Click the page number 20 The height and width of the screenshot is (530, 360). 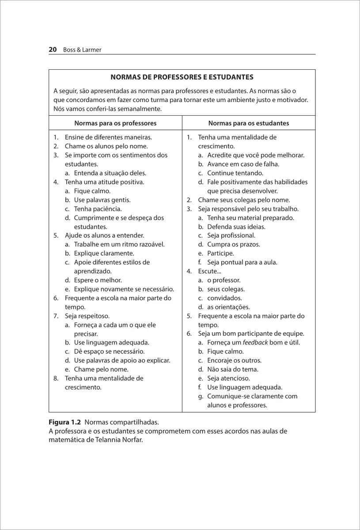tap(53, 50)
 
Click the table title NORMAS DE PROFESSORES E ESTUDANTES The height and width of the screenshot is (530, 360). tap(182, 77)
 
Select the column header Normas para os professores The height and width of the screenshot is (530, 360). tap(115, 123)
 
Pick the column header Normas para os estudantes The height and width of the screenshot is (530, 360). tap(249, 123)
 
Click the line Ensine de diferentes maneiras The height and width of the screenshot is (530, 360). tap(108, 137)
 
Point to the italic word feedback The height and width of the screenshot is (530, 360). tap(255, 343)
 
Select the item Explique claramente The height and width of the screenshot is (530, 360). tap(104, 254)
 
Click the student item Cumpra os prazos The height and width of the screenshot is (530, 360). tap(234, 244)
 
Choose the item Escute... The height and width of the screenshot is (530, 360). tap(209, 271)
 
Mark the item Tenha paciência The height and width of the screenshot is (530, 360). tap(98, 209)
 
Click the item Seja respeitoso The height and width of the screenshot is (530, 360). tap(87, 316)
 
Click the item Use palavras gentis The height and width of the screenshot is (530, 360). tap(102, 200)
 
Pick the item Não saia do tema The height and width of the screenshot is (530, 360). tap(233, 369)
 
